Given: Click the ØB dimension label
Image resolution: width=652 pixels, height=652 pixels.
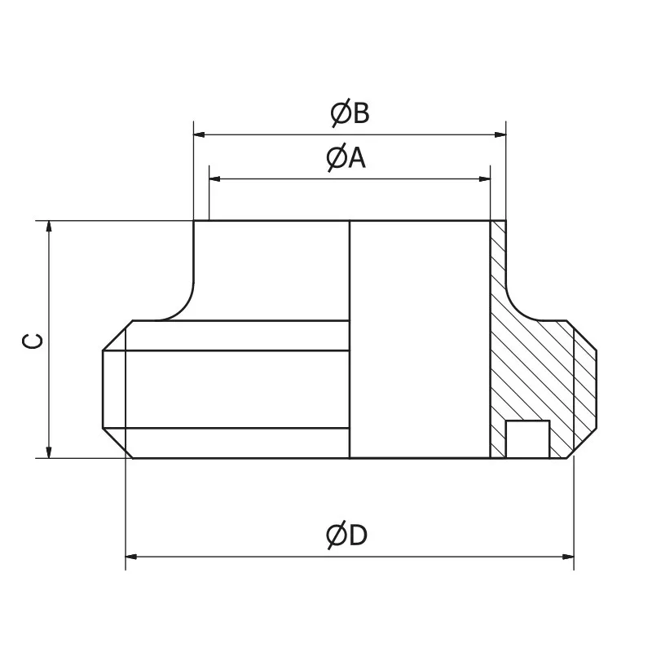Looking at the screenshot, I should [x=350, y=113].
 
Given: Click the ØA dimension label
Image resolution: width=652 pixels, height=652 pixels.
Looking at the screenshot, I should [x=346, y=157].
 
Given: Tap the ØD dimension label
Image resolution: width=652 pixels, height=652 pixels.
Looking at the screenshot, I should [x=346, y=535].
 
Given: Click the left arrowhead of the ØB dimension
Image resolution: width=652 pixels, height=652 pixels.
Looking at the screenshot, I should [x=199, y=134].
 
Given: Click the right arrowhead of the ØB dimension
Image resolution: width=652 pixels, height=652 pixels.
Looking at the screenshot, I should [x=500, y=134].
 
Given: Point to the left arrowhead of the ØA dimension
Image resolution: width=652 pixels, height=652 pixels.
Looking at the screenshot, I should [x=215, y=178].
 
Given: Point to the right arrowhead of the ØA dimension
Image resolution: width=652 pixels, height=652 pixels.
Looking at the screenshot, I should [x=485, y=178].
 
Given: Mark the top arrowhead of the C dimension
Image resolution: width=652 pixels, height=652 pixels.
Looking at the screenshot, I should [x=50, y=227].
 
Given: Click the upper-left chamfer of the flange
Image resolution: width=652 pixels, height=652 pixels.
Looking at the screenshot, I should [x=117, y=336].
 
